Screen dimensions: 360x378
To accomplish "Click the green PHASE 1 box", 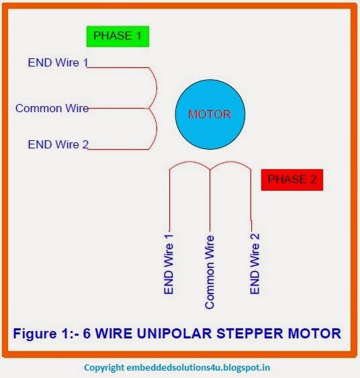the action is click(118, 36).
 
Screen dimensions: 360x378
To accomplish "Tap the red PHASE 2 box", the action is click(292, 180).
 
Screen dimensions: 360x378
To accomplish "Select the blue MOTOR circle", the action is click(210, 115).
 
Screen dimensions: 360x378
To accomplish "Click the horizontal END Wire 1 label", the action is click(58, 62).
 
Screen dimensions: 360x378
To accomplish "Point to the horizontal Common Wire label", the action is click(52, 108).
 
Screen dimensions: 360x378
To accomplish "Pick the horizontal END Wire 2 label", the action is click(58, 144).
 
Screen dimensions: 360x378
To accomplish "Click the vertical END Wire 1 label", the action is click(169, 264).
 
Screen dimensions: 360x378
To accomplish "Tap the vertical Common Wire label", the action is click(210, 272).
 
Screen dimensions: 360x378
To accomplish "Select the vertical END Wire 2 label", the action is click(255, 263).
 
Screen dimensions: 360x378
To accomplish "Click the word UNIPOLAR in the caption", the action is click(175, 334).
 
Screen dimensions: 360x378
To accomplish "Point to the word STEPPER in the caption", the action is click(250, 334).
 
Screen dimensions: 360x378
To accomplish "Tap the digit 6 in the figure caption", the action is click(87, 334).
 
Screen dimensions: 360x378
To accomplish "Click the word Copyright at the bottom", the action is click(104, 368).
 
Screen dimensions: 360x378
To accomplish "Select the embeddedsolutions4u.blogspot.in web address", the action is click(198, 368).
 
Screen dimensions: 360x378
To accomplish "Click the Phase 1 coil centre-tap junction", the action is click(148, 109).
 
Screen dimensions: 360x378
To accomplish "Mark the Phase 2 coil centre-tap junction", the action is click(210, 169).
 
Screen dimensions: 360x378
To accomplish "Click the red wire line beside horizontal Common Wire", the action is click(118, 109).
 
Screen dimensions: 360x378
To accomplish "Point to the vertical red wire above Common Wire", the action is click(210, 200).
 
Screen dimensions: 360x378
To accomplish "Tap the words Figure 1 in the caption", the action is click(42, 334).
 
